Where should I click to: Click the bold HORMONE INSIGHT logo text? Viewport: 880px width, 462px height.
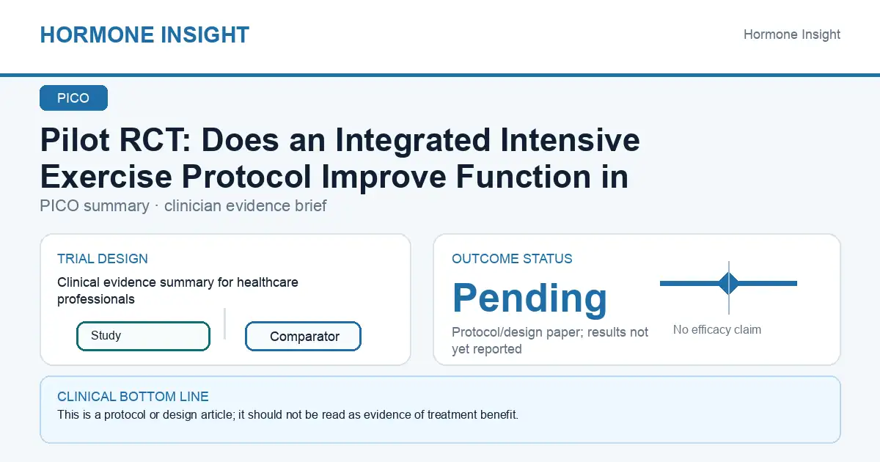tap(144, 34)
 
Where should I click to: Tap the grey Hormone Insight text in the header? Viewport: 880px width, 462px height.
tap(791, 34)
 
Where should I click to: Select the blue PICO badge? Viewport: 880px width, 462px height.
tap(73, 98)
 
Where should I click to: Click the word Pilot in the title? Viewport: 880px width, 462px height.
tap(75, 140)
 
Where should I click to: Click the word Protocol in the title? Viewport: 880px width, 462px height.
tap(246, 177)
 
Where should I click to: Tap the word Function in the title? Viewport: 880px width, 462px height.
tap(523, 177)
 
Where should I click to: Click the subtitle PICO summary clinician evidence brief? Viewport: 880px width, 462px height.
tap(183, 206)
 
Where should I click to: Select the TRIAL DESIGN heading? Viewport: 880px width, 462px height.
tap(103, 258)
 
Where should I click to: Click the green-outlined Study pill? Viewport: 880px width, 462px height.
tap(143, 336)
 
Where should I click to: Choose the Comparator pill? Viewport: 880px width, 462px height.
tap(303, 337)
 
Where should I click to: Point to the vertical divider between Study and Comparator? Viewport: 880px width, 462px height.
tap(224, 323)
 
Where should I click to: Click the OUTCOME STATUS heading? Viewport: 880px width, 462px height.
tap(512, 258)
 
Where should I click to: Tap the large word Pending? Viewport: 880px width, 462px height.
tap(529, 298)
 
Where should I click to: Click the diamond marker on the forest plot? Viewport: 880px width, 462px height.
tap(729, 283)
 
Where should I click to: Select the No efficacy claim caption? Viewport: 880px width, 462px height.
tap(717, 329)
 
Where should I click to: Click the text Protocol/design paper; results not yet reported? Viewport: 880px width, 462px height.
tap(549, 340)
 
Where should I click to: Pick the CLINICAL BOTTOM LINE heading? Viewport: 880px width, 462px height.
tap(133, 397)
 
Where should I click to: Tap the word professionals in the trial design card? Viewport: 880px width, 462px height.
tap(96, 299)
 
